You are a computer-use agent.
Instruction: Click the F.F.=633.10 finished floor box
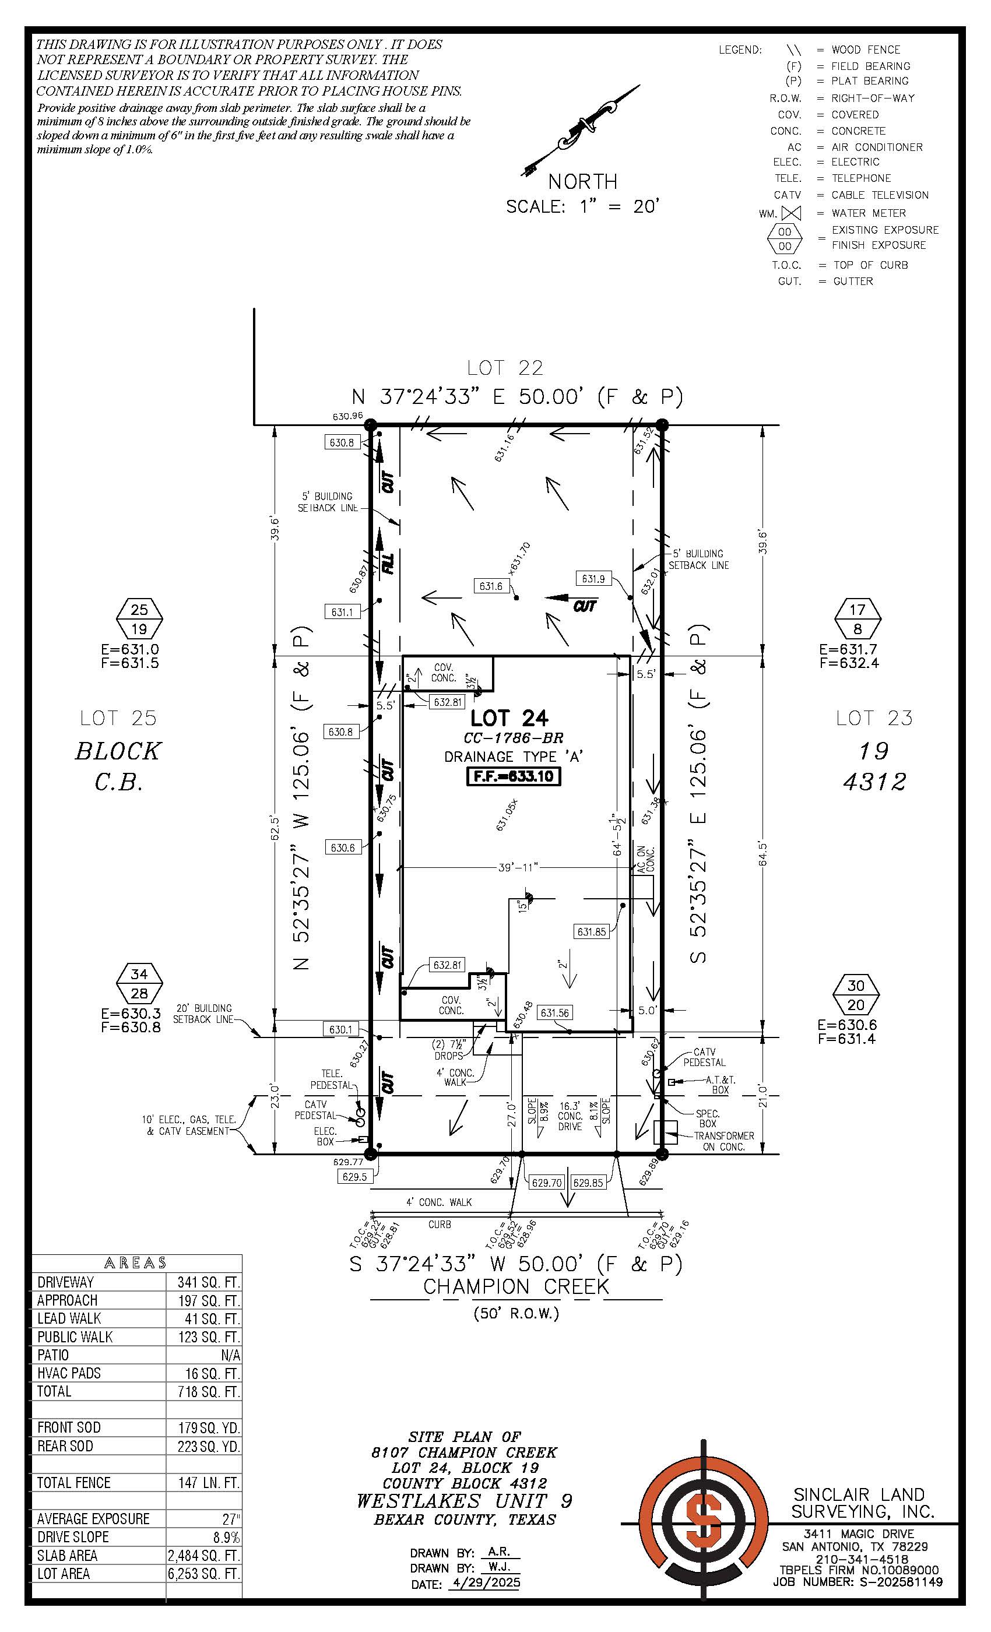point(514,776)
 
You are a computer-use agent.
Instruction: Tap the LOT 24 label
point(509,718)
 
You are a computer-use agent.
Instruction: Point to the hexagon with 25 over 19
point(139,618)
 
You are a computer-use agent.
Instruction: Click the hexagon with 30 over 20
point(856,996)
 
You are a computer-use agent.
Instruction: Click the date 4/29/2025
point(485,1583)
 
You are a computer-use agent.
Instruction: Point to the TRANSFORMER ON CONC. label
point(723,1141)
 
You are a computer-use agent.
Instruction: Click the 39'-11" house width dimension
point(519,867)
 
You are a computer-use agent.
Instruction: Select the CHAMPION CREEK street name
point(516,1287)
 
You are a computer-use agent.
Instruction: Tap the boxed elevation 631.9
point(593,579)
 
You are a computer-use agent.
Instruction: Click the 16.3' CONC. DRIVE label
point(570,1116)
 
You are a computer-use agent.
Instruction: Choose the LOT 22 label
point(505,368)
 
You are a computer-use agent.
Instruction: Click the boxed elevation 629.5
point(355,1177)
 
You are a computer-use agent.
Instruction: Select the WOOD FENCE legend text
point(866,50)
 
